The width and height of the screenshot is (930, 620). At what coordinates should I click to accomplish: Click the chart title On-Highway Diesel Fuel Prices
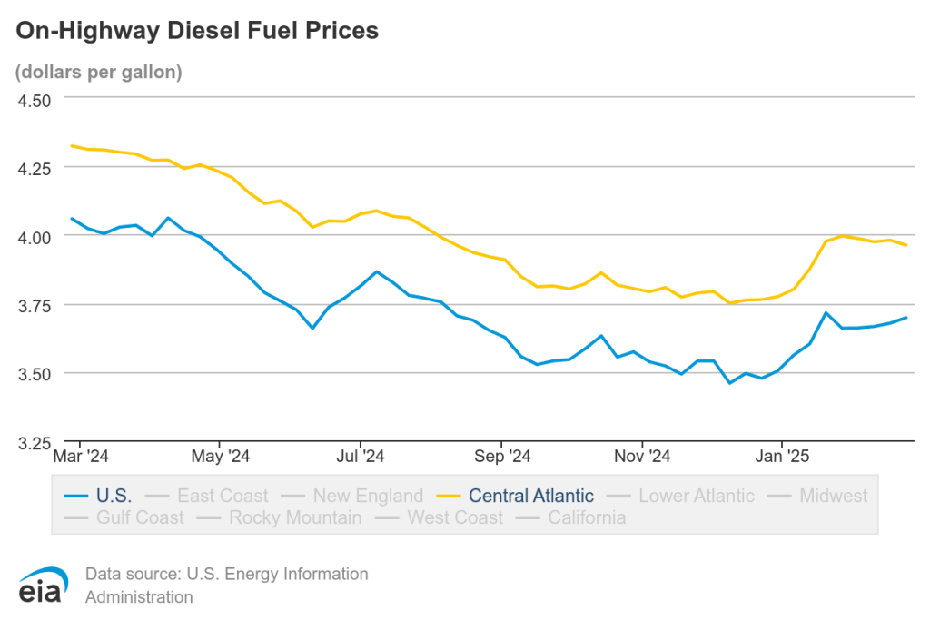[196, 32]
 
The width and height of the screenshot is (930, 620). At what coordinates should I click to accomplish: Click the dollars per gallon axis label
[99, 72]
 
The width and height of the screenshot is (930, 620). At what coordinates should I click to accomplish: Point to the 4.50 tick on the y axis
[35, 99]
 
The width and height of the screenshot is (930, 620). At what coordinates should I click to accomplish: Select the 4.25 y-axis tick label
[35, 168]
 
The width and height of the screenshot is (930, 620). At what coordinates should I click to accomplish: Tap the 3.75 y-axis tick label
[35, 305]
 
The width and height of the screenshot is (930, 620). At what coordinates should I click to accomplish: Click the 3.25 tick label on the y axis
[35, 443]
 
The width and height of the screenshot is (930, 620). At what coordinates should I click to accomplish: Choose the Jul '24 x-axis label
[360, 455]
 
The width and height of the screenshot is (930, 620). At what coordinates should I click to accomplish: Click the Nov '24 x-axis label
[641, 455]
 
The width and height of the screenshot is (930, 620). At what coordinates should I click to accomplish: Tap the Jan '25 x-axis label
[782, 455]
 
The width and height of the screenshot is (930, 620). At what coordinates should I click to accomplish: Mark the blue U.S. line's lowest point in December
[729, 383]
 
